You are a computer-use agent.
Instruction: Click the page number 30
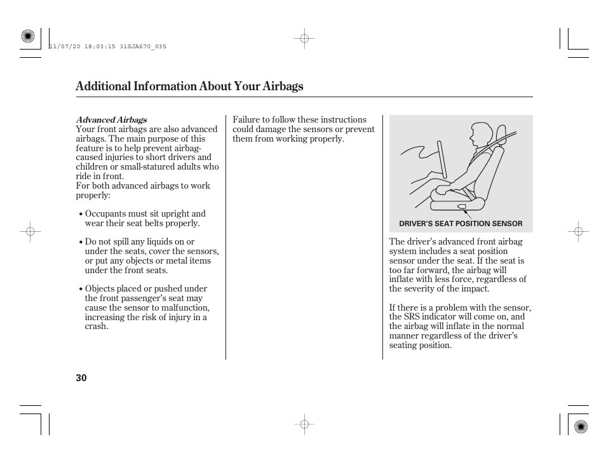(x=81, y=378)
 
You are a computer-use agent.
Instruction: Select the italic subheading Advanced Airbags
(x=111, y=119)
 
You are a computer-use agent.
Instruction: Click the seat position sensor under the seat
(x=461, y=206)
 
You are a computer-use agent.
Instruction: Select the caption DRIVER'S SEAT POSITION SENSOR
(x=461, y=224)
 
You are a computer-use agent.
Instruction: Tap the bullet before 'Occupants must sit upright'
(x=81, y=214)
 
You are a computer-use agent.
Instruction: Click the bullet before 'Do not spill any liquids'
(x=81, y=242)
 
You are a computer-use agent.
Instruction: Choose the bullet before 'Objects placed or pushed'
(x=81, y=289)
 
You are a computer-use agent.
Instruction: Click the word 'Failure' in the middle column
(x=246, y=119)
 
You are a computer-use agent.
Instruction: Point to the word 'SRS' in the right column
(x=412, y=317)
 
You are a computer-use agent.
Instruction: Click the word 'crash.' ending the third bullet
(x=97, y=326)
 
